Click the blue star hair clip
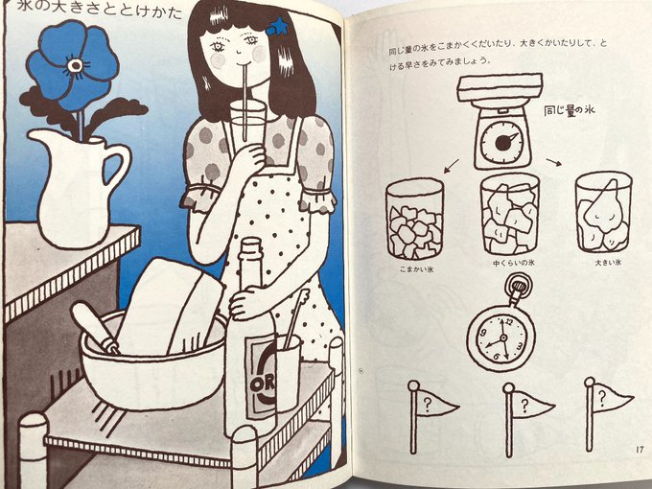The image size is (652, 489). pos(276,26)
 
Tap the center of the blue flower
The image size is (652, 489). pos(76,65)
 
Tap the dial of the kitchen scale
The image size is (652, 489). pos(502,142)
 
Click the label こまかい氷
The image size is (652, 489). pos(417,269)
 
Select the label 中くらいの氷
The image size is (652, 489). pos(514,263)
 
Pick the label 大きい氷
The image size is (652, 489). pos(608,263)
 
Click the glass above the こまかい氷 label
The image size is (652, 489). pos(414,220)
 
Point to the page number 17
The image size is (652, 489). pos(640,449)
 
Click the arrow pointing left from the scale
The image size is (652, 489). pos(452,166)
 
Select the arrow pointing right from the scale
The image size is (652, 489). pos(554,162)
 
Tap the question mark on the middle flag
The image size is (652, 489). pos(524,404)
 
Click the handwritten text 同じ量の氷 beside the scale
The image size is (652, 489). pos(570,110)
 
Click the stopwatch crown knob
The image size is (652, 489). pos(518,286)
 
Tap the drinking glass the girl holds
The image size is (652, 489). pos(247,126)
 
